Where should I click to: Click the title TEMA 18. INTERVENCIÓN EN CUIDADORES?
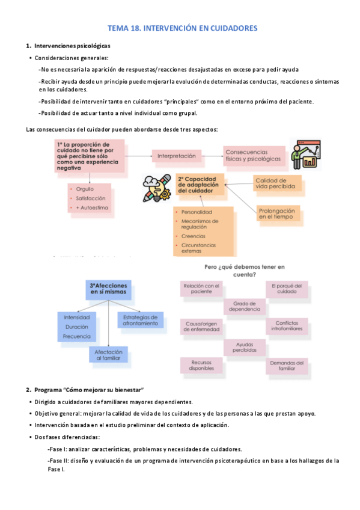[182, 28]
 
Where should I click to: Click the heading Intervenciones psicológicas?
[72, 46]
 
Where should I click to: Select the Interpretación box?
[177, 156]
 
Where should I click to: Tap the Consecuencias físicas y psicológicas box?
[252, 155]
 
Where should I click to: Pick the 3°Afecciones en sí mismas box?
[108, 289]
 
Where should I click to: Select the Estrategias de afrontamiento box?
[140, 320]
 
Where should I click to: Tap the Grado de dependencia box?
[245, 306]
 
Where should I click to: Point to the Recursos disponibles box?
[201, 366]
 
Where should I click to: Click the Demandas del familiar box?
[287, 366]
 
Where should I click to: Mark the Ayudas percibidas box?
[245, 346]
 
